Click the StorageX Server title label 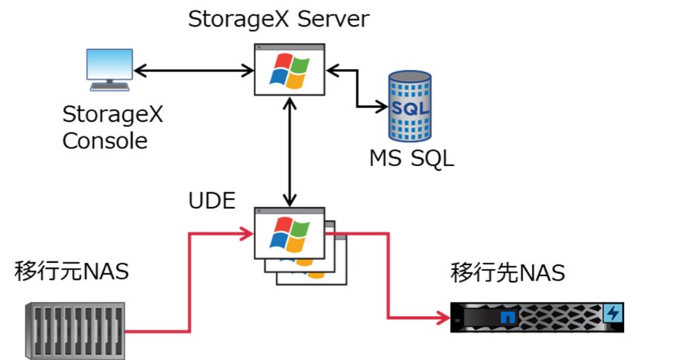pos(277,19)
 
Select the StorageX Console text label pos(112,128)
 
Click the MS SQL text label pos(410,158)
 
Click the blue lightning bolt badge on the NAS pos(613,312)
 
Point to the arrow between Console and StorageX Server pos(194,71)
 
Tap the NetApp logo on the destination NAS pos(507,317)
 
